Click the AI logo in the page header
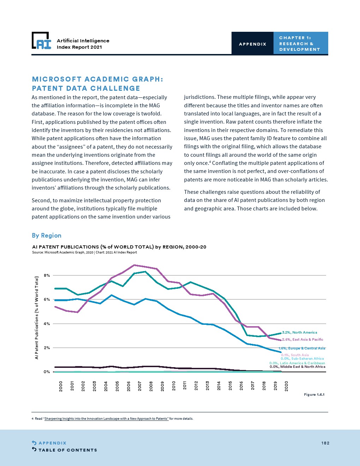(x=41, y=41)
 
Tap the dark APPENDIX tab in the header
(x=252, y=44)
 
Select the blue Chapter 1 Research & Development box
(x=300, y=43)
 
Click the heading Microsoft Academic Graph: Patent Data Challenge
(x=97, y=84)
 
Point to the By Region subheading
(x=47, y=235)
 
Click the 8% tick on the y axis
(x=47, y=275)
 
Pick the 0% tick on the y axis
(x=47, y=372)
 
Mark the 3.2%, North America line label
(x=299, y=333)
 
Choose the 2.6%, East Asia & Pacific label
(x=302, y=340)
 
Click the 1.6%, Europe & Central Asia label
(x=302, y=348)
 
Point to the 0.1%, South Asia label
(x=295, y=355)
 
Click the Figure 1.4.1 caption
(x=314, y=395)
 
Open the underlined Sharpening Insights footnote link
(x=106, y=419)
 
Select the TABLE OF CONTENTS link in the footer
(x=67, y=450)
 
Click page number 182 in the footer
(x=325, y=443)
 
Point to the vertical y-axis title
(x=36, y=318)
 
